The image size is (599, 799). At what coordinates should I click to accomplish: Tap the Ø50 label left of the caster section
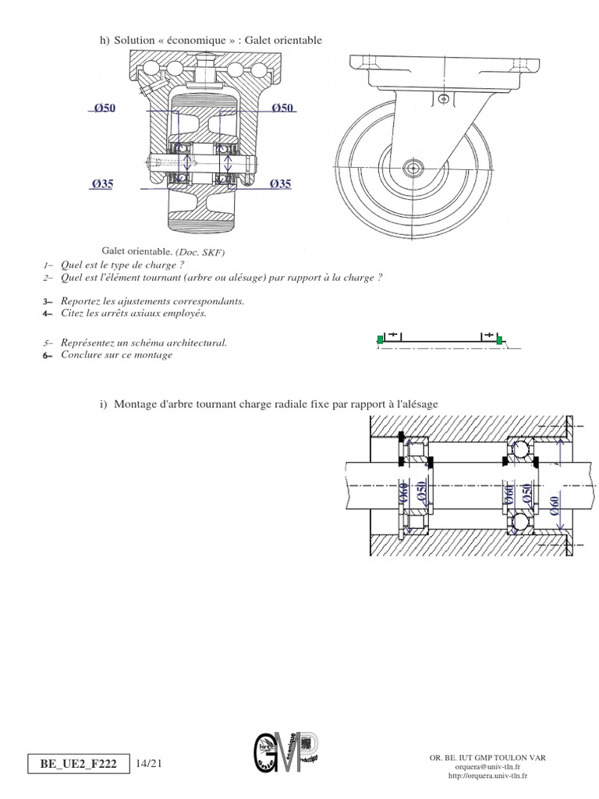pyautogui.click(x=104, y=108)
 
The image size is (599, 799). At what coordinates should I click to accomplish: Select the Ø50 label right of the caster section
pyautogui.click(x=282, y=108)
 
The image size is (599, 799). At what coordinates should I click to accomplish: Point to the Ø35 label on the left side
pyautogui.click(x=102, y=184)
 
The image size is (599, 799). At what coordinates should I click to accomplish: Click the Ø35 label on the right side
pyautogui.click(x=281, y=184)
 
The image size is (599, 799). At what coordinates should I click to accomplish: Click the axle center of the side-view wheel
pyautogui.click(x=413, y=168)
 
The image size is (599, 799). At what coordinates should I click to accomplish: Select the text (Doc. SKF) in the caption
pyautogui.click(x=203, y=252)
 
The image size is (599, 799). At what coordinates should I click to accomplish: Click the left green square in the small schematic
pyautogui.click(x=380, y=339)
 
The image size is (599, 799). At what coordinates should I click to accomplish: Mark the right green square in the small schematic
pyautogui.click(x=499, y=339)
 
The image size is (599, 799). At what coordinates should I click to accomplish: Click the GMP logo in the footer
pyautogui.click(x=285, y=758)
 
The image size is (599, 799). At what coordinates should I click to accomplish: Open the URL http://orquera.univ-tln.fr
pyautogui.click(x=487, y=776)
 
